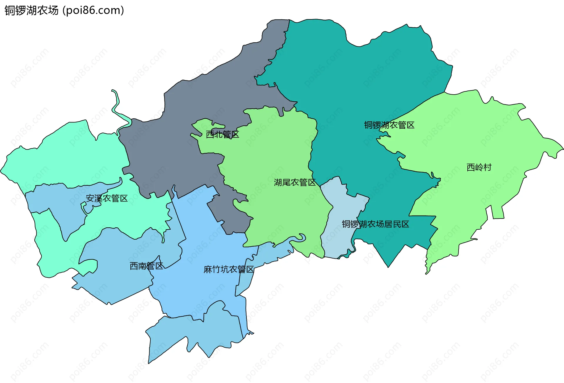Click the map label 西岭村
coord(479,167)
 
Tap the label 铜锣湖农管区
coord(389,125)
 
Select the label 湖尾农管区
coord(295,182)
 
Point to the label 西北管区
coord(222,135)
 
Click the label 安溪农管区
coord(107,199)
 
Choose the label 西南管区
coord(146,266)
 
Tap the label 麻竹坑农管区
coord(229,269)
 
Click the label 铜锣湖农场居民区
coord(375,224)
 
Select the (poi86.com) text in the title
coord(93,11)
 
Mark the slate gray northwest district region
coord(188,117)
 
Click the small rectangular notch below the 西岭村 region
coord(498,213)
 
